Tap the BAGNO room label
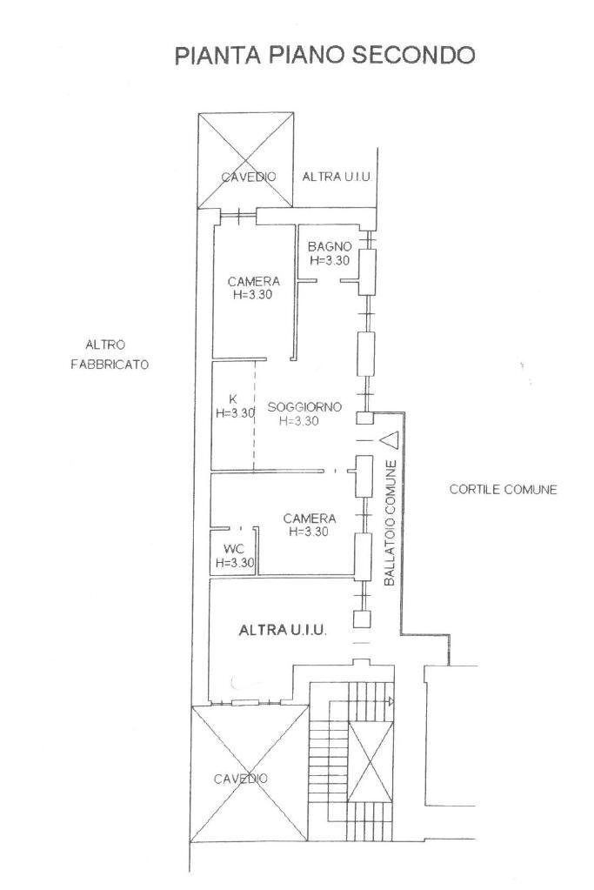coord(330,247)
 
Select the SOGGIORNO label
coord(304,406)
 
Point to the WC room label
coord(233,549)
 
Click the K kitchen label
coord(232,399)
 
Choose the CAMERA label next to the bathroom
coord(254,281)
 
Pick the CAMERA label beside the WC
coord(309,519)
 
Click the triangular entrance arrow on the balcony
coord(388,440)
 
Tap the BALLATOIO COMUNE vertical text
coord(390,521)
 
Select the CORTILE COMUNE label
coord(503,490)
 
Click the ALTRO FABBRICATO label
coord(110,354)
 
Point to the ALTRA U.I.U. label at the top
coord(337,177)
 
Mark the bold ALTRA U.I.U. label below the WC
coord(283,630)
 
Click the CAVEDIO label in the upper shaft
coord(248,177)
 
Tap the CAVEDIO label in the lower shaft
coord(241,779)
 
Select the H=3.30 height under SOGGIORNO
coord(299,421)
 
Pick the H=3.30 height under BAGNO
coord(330,260)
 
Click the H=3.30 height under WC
coord(235,563)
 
